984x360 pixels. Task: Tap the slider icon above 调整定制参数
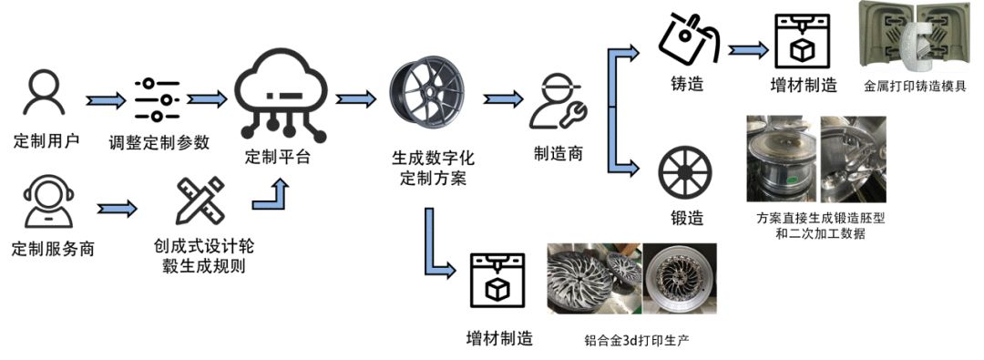(157, 100)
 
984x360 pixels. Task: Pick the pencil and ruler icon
(200, 201)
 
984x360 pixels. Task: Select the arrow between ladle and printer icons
(748, 48)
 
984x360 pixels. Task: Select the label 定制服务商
(54, 249)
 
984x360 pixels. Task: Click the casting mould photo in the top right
(914, 37)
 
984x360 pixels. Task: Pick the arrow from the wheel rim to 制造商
(503, 98)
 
